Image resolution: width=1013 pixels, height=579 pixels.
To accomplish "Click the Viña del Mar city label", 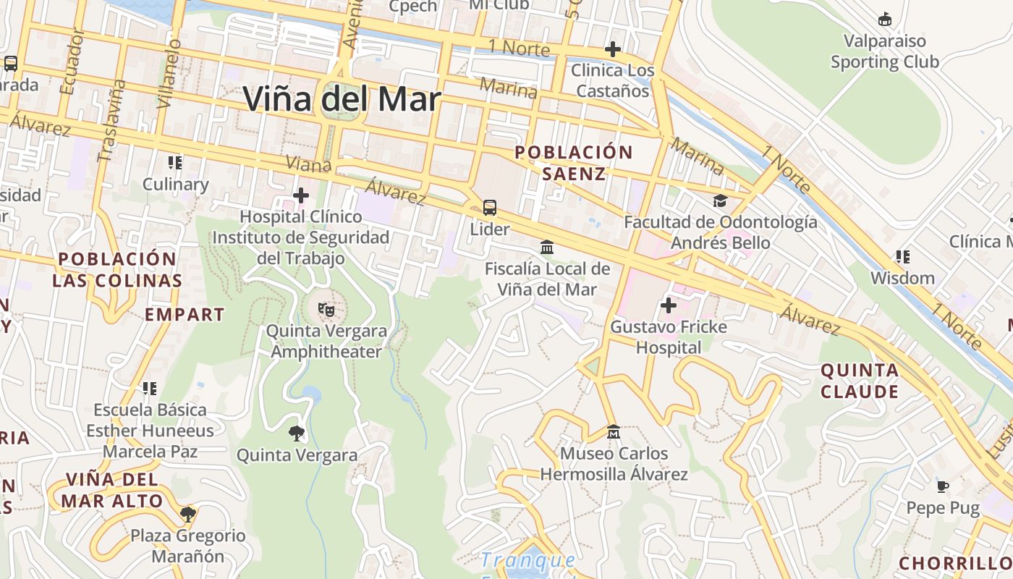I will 342,99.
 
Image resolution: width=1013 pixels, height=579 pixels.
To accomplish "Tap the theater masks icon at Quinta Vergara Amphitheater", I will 326,310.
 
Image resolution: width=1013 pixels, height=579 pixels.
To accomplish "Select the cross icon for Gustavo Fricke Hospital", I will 669,305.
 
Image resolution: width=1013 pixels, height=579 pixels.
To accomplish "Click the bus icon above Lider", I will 490,208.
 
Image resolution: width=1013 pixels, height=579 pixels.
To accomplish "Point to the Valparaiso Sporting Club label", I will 884,51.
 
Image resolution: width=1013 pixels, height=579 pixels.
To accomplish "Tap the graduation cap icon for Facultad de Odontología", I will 720,200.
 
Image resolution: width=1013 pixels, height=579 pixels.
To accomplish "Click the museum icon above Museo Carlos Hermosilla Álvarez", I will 613,432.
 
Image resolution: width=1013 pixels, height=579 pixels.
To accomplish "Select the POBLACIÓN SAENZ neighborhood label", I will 573,163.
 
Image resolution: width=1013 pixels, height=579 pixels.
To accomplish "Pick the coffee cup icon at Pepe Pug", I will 942,486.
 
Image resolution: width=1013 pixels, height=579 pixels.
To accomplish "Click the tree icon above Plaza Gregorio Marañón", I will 188,515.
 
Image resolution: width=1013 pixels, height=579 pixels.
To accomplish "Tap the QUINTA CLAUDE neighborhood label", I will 860,381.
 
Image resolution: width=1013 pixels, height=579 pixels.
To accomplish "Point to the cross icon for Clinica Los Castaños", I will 612,49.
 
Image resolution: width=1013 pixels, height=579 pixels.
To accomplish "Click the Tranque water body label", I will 528,560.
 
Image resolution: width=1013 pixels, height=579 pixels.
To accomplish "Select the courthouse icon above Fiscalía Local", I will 547,248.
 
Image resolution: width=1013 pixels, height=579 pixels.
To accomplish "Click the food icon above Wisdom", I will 902,256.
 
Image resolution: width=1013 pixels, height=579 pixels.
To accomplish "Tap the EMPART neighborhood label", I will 185,315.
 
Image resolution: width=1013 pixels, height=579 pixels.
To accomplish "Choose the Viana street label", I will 308,164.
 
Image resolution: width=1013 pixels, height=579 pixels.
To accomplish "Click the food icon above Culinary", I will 174,163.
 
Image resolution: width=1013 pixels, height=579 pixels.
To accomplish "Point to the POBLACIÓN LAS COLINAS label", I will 116,270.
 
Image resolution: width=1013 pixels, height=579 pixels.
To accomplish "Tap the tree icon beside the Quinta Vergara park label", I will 296,434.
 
